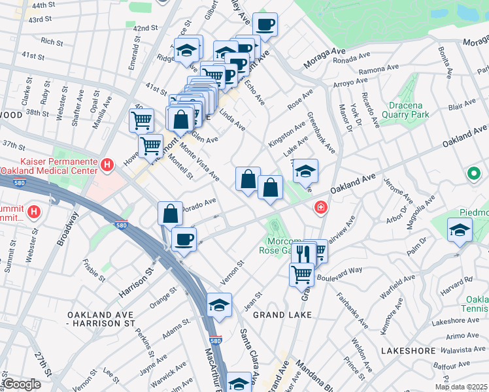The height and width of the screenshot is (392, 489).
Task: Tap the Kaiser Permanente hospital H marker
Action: [109, 166]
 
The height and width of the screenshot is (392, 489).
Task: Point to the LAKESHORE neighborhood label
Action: [408, 351]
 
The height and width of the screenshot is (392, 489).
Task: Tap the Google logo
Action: [22, 385]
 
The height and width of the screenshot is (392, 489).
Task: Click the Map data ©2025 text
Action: [462, 387]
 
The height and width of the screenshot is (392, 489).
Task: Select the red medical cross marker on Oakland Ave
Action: [320, 208]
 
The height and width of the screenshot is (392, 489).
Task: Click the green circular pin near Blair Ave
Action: [473, 174]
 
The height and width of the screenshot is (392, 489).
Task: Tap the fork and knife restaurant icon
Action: [302, 253]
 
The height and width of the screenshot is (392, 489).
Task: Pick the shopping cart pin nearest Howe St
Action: [151, 146]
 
